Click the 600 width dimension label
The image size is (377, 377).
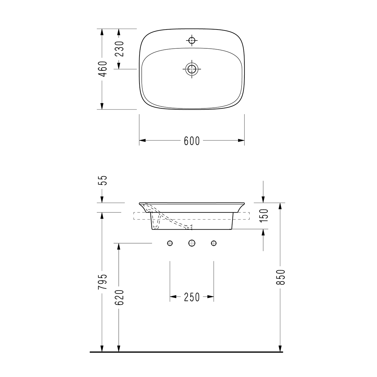point(192,141)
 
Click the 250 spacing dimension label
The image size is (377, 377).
point(192,297)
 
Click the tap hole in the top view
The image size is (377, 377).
point(192,41)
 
